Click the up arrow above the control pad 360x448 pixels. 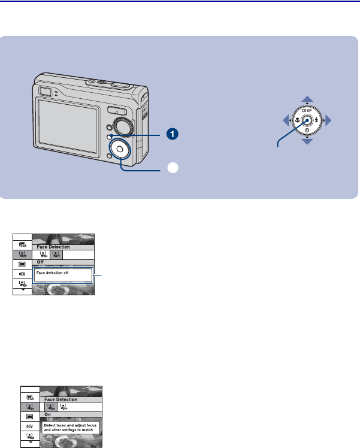307,99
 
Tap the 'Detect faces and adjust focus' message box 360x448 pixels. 74,428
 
